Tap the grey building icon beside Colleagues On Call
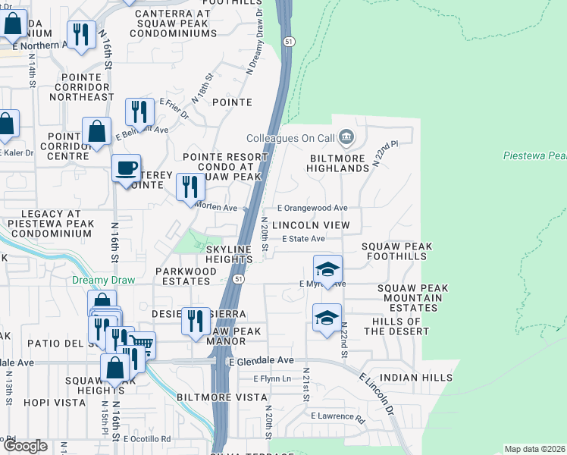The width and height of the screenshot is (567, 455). [346, 137]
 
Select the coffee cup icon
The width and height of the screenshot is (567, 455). [126, 168]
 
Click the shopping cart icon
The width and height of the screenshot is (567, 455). [142, 346]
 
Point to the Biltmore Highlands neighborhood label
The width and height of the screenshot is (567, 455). [338, 162]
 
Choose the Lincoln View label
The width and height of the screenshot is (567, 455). [311, 225]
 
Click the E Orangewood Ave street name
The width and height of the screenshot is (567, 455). [312, 208]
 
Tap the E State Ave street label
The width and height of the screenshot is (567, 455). [303, 239]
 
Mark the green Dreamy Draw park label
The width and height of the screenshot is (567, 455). [103, 280]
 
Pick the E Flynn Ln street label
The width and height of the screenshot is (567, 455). [272, 378]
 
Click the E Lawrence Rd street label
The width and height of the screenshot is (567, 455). [337, 416]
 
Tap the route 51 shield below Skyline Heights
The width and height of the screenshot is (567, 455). [238, 279]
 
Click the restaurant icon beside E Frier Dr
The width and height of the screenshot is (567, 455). [139, 111]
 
